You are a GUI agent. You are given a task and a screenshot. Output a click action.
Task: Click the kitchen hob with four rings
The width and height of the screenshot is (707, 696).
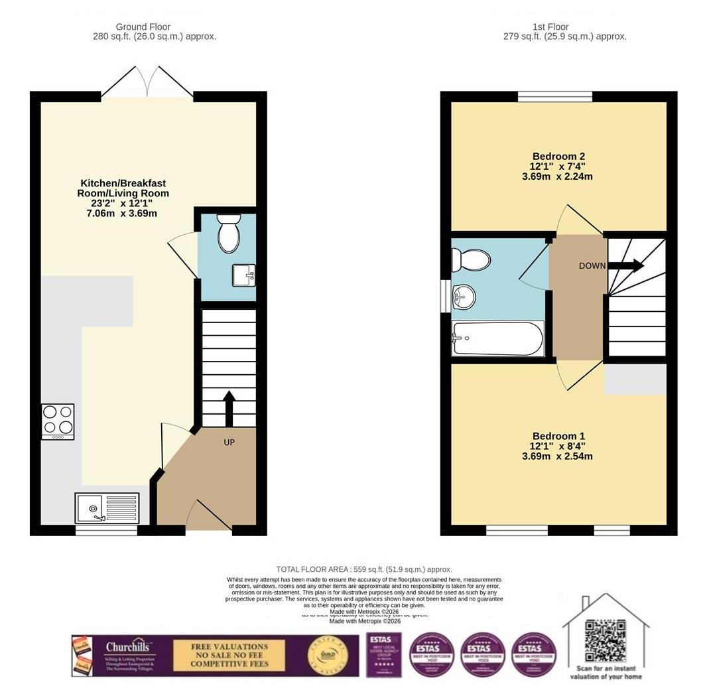[58, 421]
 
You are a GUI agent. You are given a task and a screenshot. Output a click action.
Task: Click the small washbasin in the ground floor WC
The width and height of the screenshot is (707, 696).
[243, 275]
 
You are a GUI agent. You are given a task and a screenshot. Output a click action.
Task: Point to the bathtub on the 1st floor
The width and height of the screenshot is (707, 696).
[497, 338]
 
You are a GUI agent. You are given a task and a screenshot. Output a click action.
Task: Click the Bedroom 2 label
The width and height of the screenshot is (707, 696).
[557, 156]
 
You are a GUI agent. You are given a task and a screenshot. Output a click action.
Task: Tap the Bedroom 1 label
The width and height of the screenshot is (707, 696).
[557, 436]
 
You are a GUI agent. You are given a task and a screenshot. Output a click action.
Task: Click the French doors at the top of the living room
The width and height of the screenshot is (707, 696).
[147, 83]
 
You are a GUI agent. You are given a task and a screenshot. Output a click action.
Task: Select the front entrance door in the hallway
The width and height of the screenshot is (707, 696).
[208, 517]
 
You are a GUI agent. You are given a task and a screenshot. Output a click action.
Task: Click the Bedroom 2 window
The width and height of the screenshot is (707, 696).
[554, 97]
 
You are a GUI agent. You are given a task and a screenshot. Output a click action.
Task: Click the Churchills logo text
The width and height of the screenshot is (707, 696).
[130, 647]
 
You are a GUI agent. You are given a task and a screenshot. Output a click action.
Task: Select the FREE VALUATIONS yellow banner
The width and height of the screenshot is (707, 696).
[229, 655]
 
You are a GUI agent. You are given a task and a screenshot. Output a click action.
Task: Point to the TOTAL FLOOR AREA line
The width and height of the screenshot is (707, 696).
[364, 569]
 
